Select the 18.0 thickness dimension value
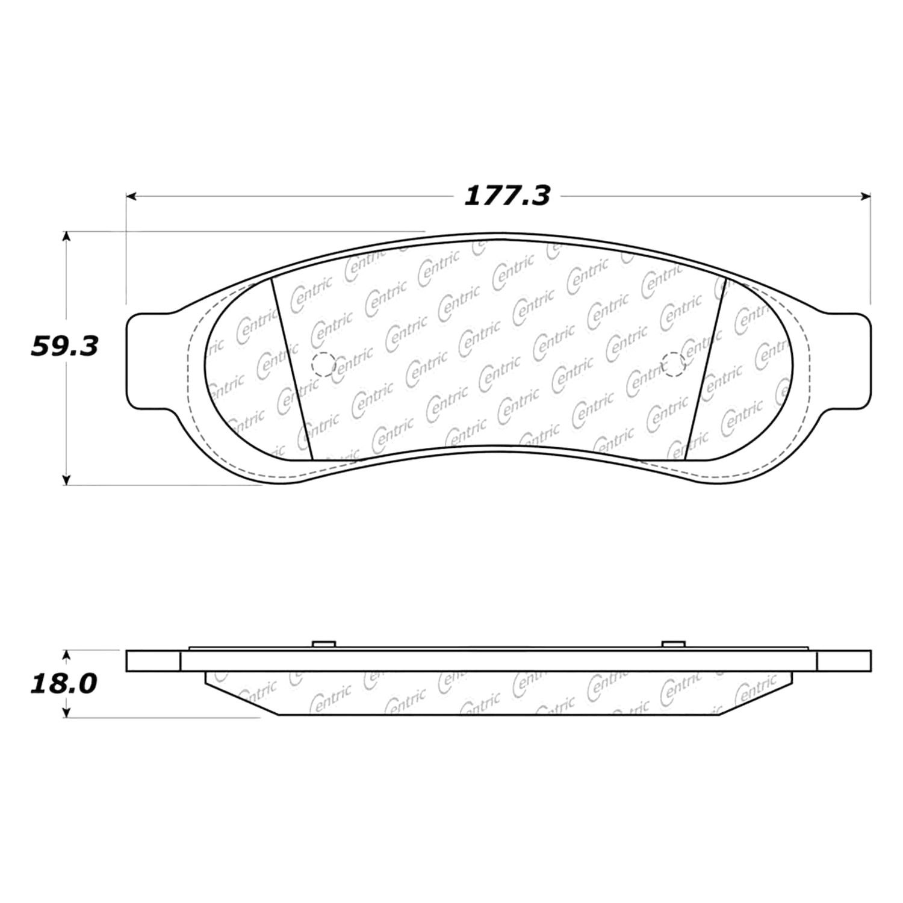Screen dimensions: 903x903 [64, 684]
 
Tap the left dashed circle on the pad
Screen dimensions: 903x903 [323, 364]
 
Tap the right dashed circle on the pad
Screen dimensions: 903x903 [673, 364]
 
